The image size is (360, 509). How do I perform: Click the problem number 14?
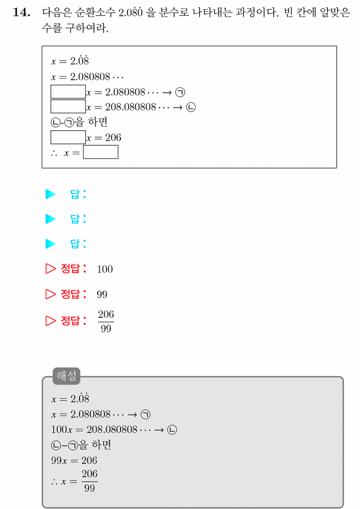click(x=22, y=12)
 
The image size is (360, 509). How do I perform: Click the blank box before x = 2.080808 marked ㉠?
click(x=68, y=92)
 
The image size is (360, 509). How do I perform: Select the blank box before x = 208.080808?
click(x=68, y=106)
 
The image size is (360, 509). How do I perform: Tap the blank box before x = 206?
click(x=68, y=137)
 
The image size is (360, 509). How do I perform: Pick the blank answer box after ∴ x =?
click(x=101, y=152)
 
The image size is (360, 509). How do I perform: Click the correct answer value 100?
click(x=105, y=269)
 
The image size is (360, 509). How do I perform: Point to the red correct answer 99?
click(x=102, y=295)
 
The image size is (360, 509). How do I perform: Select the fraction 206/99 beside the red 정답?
click(x=106, y=321)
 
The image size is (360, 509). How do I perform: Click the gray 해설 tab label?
click(x=66, y=376)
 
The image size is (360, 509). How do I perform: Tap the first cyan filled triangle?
click(x=50, y=194)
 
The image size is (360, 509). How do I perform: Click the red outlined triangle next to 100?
click(x=50, y=269)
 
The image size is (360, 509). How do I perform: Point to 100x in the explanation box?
click(x=61, y=430)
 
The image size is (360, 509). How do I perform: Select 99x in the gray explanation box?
click(x=59, y=460)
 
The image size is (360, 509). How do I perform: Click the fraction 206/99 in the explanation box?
click(x=90, y=481)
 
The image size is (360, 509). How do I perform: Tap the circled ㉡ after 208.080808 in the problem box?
click(x=191, y=107)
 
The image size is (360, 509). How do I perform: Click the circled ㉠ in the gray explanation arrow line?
click(x=145, y=414)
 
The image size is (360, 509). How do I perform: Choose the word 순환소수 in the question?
click(x=95, y=12)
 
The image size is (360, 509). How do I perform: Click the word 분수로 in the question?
click(x=174, y=12)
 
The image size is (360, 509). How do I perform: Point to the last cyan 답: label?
click(x=78, y=244)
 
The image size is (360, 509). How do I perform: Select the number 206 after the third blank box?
click(x=113, y=138)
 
